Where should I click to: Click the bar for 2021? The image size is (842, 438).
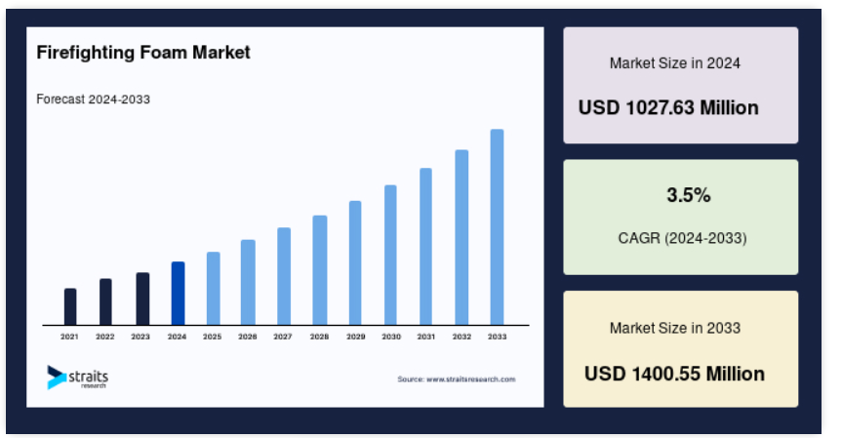click(x=70, y=306)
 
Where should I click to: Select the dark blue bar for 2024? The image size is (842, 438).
click(x=178, y=293)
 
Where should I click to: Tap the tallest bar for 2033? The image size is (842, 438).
click(x=497, y=227)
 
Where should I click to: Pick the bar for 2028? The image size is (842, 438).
click(x=319, y=270)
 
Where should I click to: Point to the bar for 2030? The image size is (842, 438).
click(x=390, y=255)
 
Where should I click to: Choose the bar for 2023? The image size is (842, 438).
click(x=142, y=299)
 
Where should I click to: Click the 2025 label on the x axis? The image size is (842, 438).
click(x=212, y=337)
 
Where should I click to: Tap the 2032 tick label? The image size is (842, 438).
click(x=461, y=337)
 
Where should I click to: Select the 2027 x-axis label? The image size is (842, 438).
click(x=283, y=337)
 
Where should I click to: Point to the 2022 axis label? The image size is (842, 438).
click(x=105, y=337)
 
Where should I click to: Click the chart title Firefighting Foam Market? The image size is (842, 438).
click(x=143, y=53)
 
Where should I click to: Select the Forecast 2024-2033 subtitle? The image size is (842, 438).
click(x=93, y=100)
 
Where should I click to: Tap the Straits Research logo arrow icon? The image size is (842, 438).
click(x=57, y=378)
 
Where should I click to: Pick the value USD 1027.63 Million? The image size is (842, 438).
click(x=668, y=108)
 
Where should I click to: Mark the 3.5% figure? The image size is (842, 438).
click(x=689, y=195)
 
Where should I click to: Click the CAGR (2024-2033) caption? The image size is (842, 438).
click(x=683, y=238)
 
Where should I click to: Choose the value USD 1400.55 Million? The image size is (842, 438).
click(x=674, y=374)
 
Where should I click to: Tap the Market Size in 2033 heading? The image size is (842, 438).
click(x=675, y=328)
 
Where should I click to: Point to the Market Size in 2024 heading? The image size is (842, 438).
click(x=675, y=63)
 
